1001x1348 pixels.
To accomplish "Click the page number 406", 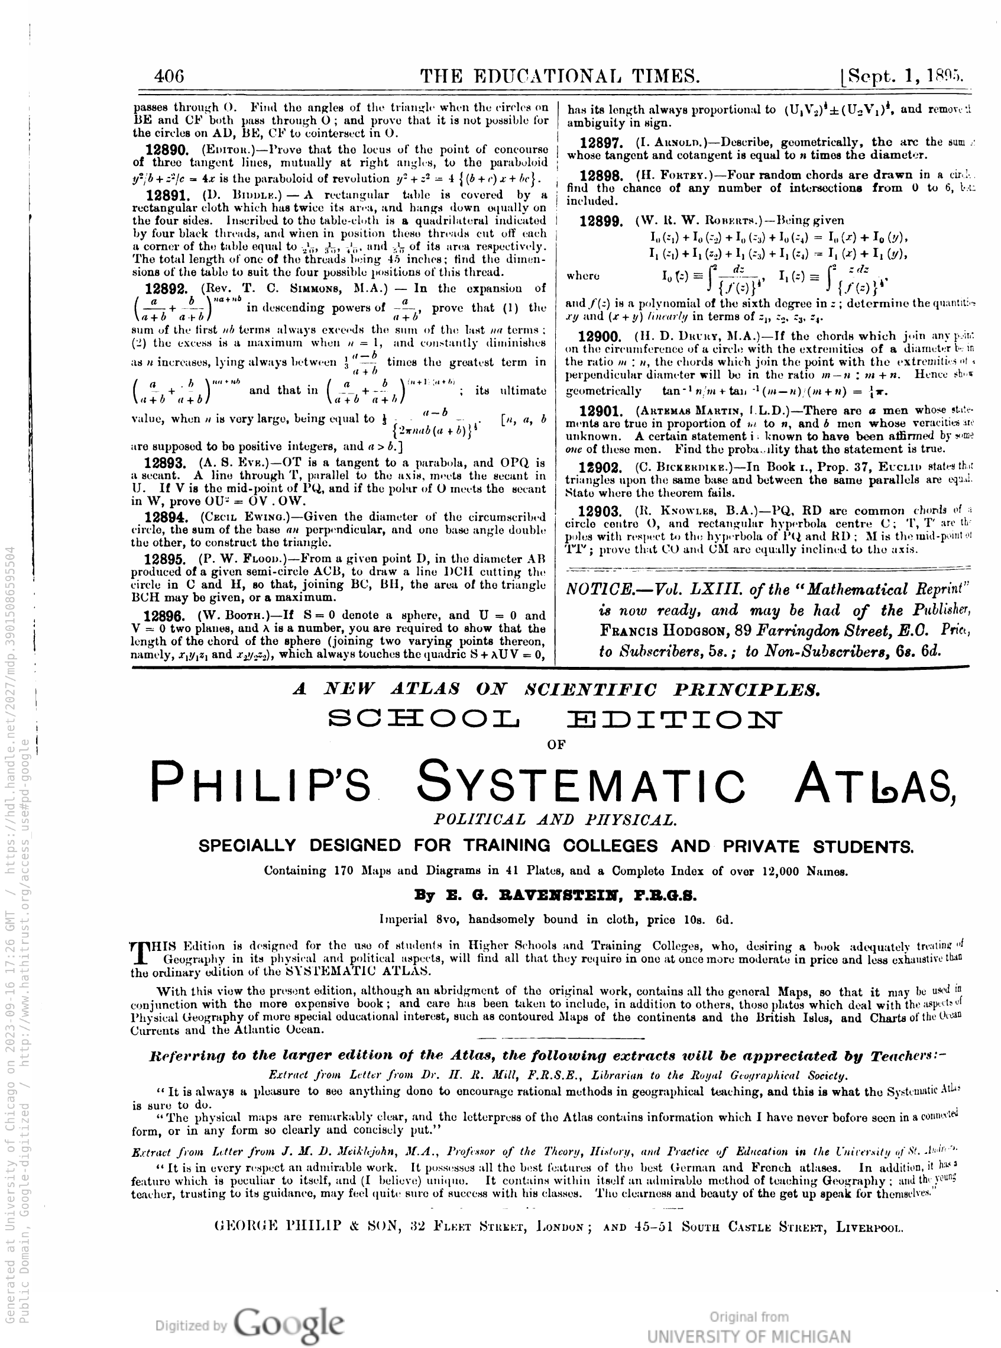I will (x=169, y=76).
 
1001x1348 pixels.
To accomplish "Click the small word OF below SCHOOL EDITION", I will (x=555, y=745).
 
